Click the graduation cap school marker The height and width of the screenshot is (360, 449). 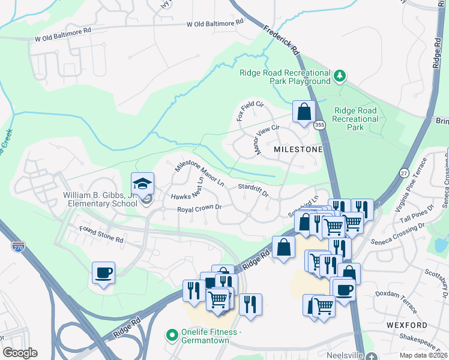[x=142, y=183]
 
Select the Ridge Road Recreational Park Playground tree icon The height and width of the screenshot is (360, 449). [x=340, y=76]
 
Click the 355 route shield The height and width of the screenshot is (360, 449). [x=319, y=125]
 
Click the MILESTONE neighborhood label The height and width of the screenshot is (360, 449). [x=298, y=149]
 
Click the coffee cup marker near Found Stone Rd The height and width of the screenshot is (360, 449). [x=104, y=273]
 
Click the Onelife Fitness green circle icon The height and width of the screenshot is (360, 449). [x=173, y=334]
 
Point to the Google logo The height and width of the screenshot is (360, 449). [x=20, y=353]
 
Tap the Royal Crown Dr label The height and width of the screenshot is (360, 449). [x=200, y=209]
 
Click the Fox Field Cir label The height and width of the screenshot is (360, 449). [x=250, y=111]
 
